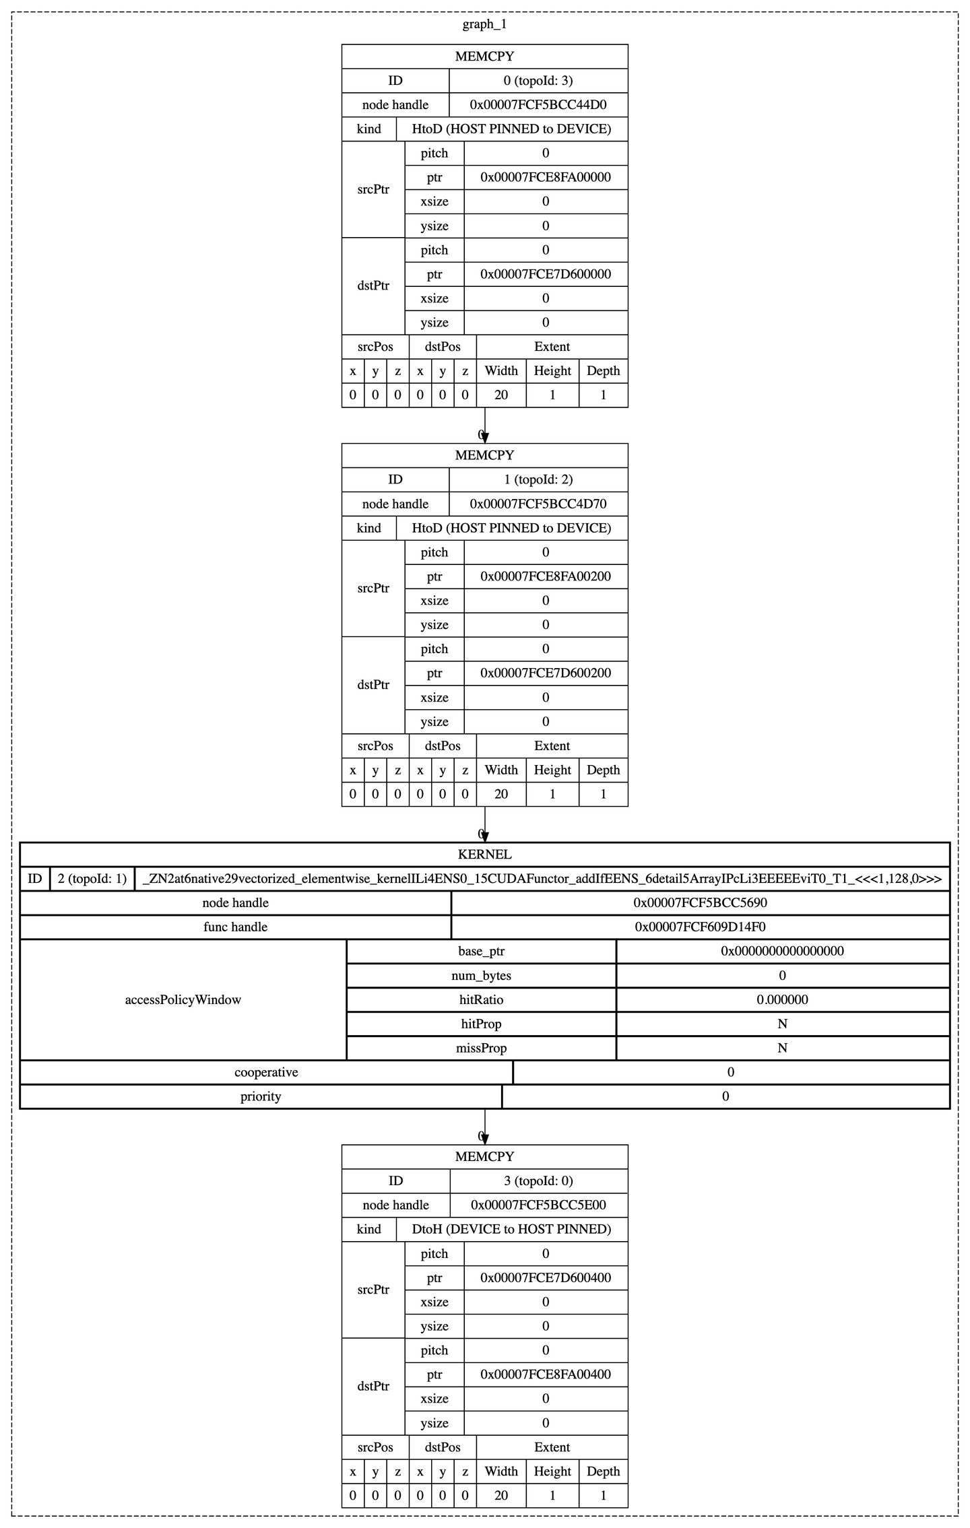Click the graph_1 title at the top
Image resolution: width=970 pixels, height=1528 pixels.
point(484,25)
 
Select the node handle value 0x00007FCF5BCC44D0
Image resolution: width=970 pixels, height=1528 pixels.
point(538,105)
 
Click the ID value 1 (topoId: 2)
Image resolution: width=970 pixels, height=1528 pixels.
point(538,479)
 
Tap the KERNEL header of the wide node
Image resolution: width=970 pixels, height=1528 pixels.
point(484,855)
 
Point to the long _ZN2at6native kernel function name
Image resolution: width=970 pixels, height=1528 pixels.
point(542,879)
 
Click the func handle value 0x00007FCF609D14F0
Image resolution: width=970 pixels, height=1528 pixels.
point(700,927)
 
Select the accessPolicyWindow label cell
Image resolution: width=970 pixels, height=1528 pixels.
point(183,1000)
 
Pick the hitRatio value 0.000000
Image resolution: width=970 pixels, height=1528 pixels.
point(782,1000)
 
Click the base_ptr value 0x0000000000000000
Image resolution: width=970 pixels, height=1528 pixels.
point(782,952)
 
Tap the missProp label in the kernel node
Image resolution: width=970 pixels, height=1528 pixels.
point(481,1049)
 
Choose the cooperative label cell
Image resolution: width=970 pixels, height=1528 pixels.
point(266,1073)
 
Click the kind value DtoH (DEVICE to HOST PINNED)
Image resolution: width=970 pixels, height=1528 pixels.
point(511,1230)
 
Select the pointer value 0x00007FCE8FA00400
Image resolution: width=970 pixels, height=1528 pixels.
point(546,1374)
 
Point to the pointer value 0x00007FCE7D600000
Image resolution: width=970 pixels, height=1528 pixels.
point(546,275)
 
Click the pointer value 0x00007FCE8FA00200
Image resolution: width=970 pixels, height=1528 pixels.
point(546,577)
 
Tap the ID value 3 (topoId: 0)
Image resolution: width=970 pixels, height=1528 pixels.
point(538,1181)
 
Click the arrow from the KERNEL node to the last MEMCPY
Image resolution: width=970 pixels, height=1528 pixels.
point(485,1127)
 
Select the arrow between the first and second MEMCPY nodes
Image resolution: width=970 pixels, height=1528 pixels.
point(485,425)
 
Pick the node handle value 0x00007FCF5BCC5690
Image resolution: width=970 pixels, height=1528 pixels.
point(700,903)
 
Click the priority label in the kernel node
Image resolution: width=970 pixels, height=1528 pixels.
point(261,1097)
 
